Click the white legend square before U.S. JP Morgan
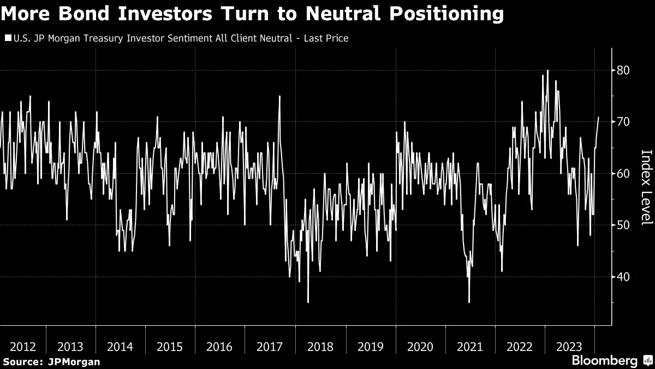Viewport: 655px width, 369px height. [x=7, y=38]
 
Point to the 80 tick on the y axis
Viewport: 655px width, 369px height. [x=623, y=71]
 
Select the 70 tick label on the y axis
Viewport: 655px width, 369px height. [x=623, y=122]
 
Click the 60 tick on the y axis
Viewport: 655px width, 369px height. [x=623, y=174]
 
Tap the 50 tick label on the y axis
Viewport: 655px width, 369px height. [x=623, y=225]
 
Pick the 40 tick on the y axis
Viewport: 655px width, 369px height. [x=623, y=277]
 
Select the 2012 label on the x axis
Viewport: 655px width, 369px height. [x=23, y=347]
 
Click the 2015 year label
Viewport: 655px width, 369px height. [x=169, y=347]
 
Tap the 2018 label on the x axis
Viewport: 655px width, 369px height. [x=320, y=347]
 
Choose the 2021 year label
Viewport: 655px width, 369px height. [x=470, y=347]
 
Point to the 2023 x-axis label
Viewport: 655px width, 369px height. [x=570, y=347]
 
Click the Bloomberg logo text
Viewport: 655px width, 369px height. [x=604, y=361]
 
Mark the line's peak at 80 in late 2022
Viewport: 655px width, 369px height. [x=547, y=71]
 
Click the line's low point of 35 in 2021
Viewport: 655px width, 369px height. [x=469, y=302]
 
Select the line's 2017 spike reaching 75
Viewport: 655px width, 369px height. [x=279, y=97]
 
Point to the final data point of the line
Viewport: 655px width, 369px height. [x=599, y=117]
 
